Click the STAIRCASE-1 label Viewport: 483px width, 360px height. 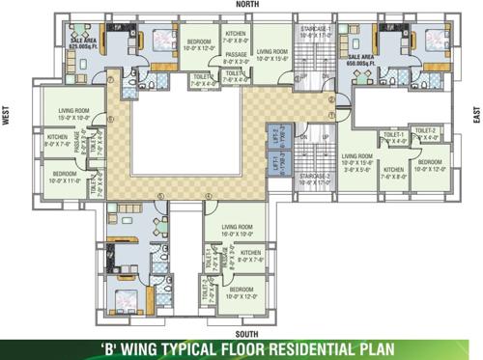315,33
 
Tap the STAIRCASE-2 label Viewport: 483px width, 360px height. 315,179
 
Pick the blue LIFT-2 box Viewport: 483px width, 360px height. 275,136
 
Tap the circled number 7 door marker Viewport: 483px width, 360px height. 112,80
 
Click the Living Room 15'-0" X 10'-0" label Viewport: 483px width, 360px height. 74,115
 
